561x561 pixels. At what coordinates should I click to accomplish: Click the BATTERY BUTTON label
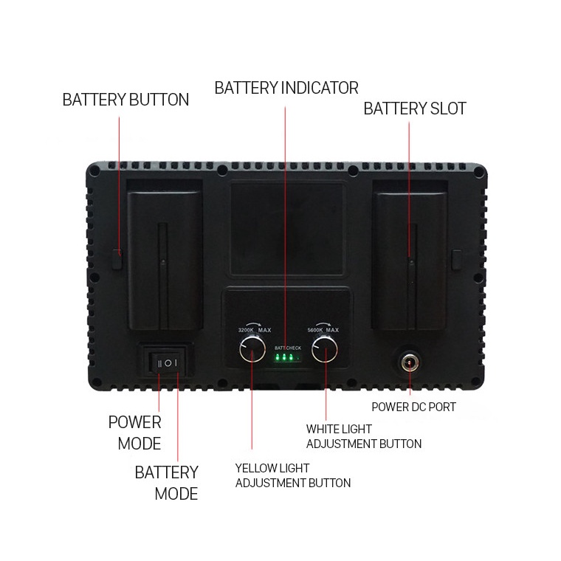click(x=125, y=100)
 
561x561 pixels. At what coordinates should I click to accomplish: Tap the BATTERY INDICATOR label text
click(x=286, y=89)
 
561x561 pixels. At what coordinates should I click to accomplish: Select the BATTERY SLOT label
click(x=415, y=109)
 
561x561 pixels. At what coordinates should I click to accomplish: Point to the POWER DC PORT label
click(x=413, y=407)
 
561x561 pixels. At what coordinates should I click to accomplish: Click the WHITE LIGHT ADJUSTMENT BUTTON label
click(x=364, y=436)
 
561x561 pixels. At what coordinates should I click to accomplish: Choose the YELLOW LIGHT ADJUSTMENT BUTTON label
click(x=293, y=475)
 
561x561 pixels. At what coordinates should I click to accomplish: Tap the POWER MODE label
click(x=134, y=433)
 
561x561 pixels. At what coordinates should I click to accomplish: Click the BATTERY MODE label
click(x=167, y=483)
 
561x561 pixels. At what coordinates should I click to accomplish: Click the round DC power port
click(x=410, y=363)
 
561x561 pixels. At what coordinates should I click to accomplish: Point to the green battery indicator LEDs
click(x=285, y=359)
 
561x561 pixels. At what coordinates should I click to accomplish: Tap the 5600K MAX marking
click(x=323, y=330)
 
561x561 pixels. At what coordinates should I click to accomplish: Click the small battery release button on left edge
click(x=117, y=258)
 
